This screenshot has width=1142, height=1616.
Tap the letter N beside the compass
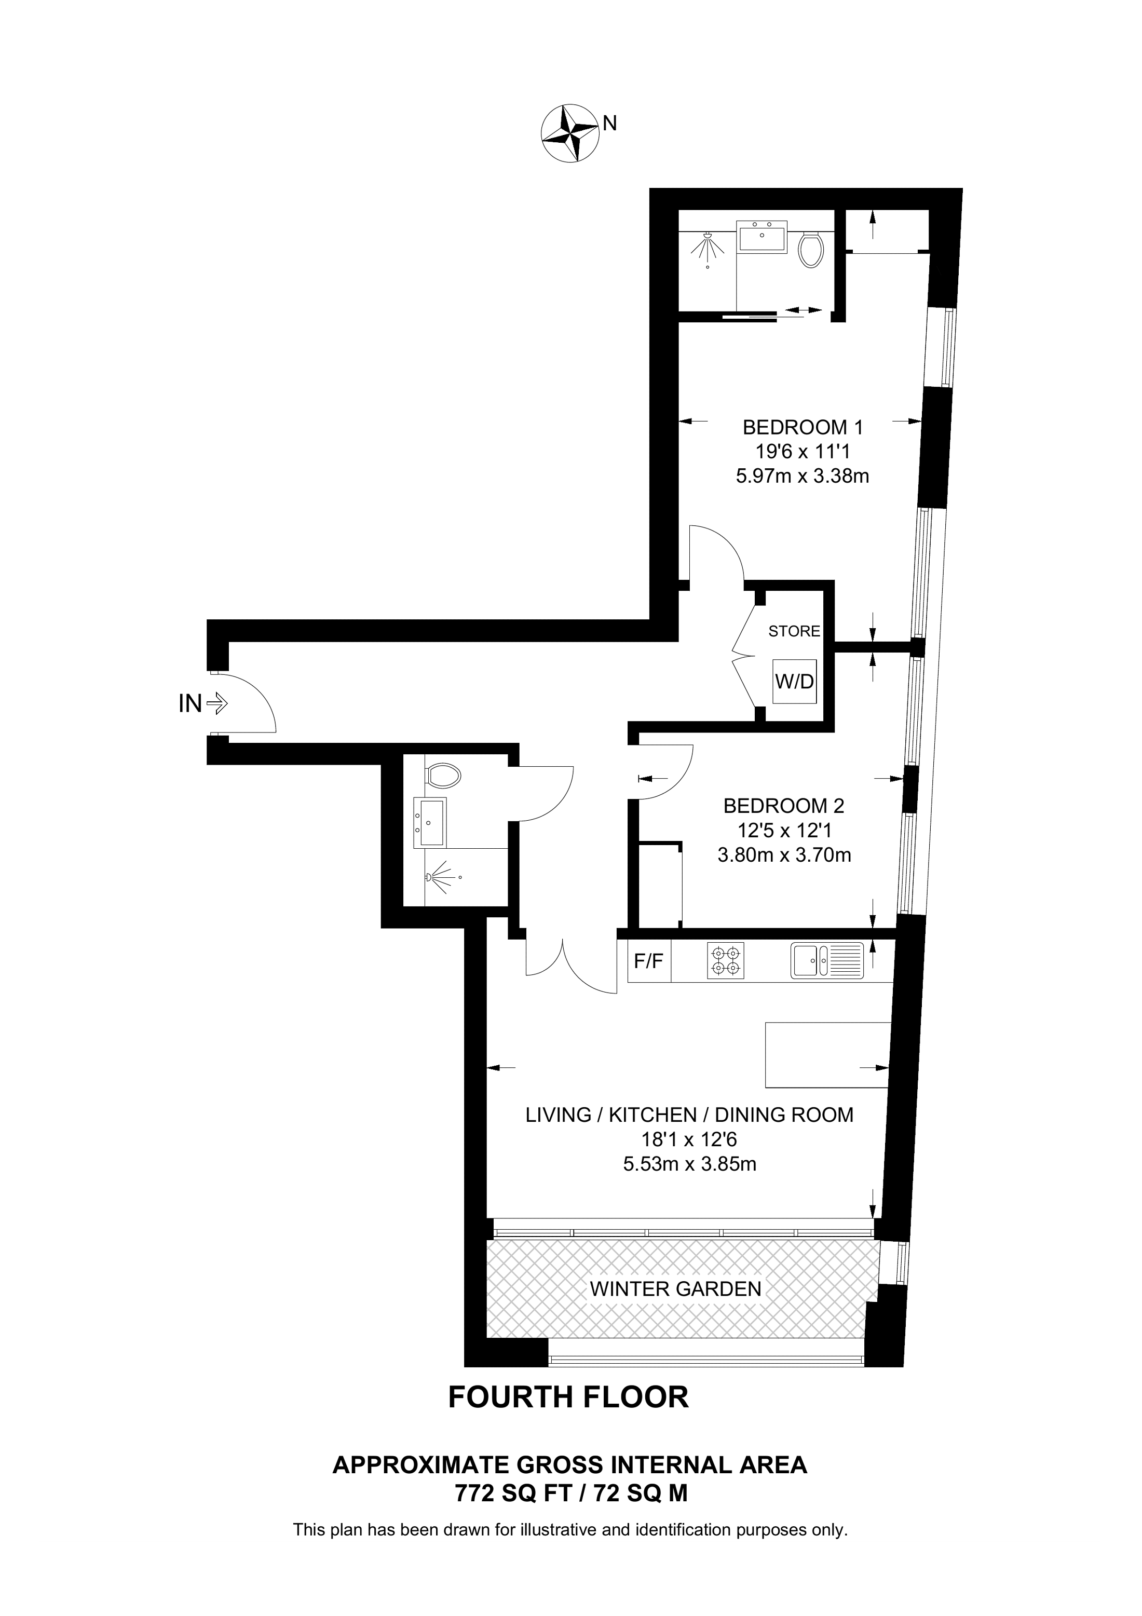point(610,123)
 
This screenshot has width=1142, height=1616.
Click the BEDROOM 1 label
point(802,427)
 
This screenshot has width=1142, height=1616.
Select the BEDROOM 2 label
point(783,805)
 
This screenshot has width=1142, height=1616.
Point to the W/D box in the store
point(794,681)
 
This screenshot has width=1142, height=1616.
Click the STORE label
point(794,631)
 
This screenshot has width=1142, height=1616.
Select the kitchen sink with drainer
point(827,961)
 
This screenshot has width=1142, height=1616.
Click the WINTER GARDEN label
point(675,1289)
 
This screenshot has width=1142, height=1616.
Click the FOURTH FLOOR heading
point(568,1397)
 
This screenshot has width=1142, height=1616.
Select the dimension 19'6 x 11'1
point(802,452)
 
